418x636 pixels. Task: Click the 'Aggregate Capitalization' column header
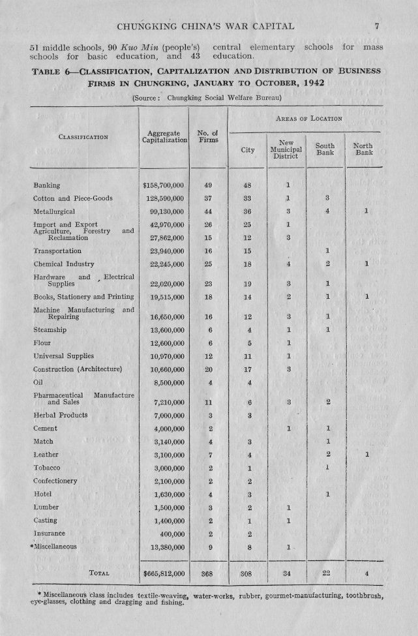pos(164,137)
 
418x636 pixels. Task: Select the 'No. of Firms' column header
pos(207,137)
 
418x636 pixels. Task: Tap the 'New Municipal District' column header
pos(286,149)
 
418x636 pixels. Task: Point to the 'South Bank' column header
pos(325,149)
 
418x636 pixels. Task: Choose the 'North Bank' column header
pos(364,149)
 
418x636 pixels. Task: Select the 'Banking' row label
pos(47,185)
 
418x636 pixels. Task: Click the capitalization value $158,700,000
pos(164,185)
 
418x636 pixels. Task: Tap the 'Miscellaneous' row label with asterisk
pos(58,547)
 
